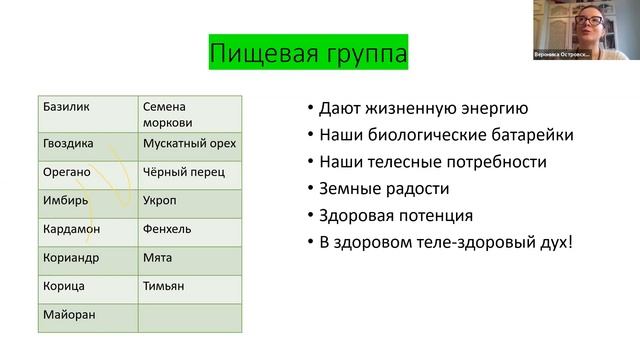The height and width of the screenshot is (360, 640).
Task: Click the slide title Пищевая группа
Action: tap(308, 51)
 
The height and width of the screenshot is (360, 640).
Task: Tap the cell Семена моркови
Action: tap(189, 112)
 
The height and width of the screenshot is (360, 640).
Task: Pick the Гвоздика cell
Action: tap(87, 144)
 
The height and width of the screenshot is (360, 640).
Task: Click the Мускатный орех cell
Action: tap(189, 144)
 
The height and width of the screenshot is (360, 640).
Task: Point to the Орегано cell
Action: tap(87, 172)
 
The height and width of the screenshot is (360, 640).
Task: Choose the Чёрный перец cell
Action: tap(189, 172)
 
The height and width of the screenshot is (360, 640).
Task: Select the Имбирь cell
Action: tap(87, 201)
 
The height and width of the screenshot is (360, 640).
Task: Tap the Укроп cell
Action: tap(189, 201)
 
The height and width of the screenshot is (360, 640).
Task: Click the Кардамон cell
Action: tap(87, 230)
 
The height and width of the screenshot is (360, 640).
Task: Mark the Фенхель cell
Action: tap(189, 230)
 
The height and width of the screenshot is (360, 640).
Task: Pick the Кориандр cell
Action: tap(87, 258)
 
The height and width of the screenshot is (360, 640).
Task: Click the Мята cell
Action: tap(189, 258)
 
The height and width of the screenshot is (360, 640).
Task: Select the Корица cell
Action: tap(87, 287)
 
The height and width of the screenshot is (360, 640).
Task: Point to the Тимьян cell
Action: tap(189, 287)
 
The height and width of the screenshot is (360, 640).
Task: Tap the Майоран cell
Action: tap(87, 316)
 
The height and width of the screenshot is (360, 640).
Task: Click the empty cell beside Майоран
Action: tap(189, 316)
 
